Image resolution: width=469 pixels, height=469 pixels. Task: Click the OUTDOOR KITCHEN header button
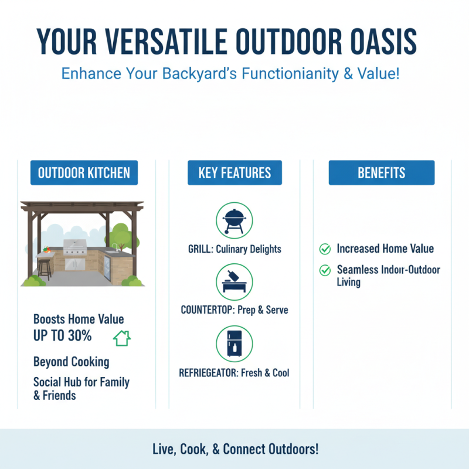[84, 173]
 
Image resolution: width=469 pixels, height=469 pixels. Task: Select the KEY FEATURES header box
[235, 173]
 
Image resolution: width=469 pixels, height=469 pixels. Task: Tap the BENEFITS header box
[382, 173]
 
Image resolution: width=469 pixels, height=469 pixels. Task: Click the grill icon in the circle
[234, 220]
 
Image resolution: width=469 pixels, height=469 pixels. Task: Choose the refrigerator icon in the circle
[234, 344]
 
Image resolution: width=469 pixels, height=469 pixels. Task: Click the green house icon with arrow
[121, 338]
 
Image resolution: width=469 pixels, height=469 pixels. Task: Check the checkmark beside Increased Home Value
[325, 249]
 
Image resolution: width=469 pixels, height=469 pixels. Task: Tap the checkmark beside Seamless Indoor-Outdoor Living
[325, 270]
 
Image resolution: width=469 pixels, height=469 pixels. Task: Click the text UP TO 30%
[63, 336]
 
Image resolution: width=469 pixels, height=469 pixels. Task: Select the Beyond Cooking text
[71, 361]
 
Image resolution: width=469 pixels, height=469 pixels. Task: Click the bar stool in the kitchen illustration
[44, 269]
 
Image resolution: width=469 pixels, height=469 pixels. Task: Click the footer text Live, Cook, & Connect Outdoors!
[235, 449]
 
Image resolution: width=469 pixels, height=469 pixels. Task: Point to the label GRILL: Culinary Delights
[234, 249]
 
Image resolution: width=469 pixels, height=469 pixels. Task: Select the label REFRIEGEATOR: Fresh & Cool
[234, 372]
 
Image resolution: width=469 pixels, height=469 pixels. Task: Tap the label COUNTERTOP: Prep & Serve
[234, 310]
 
